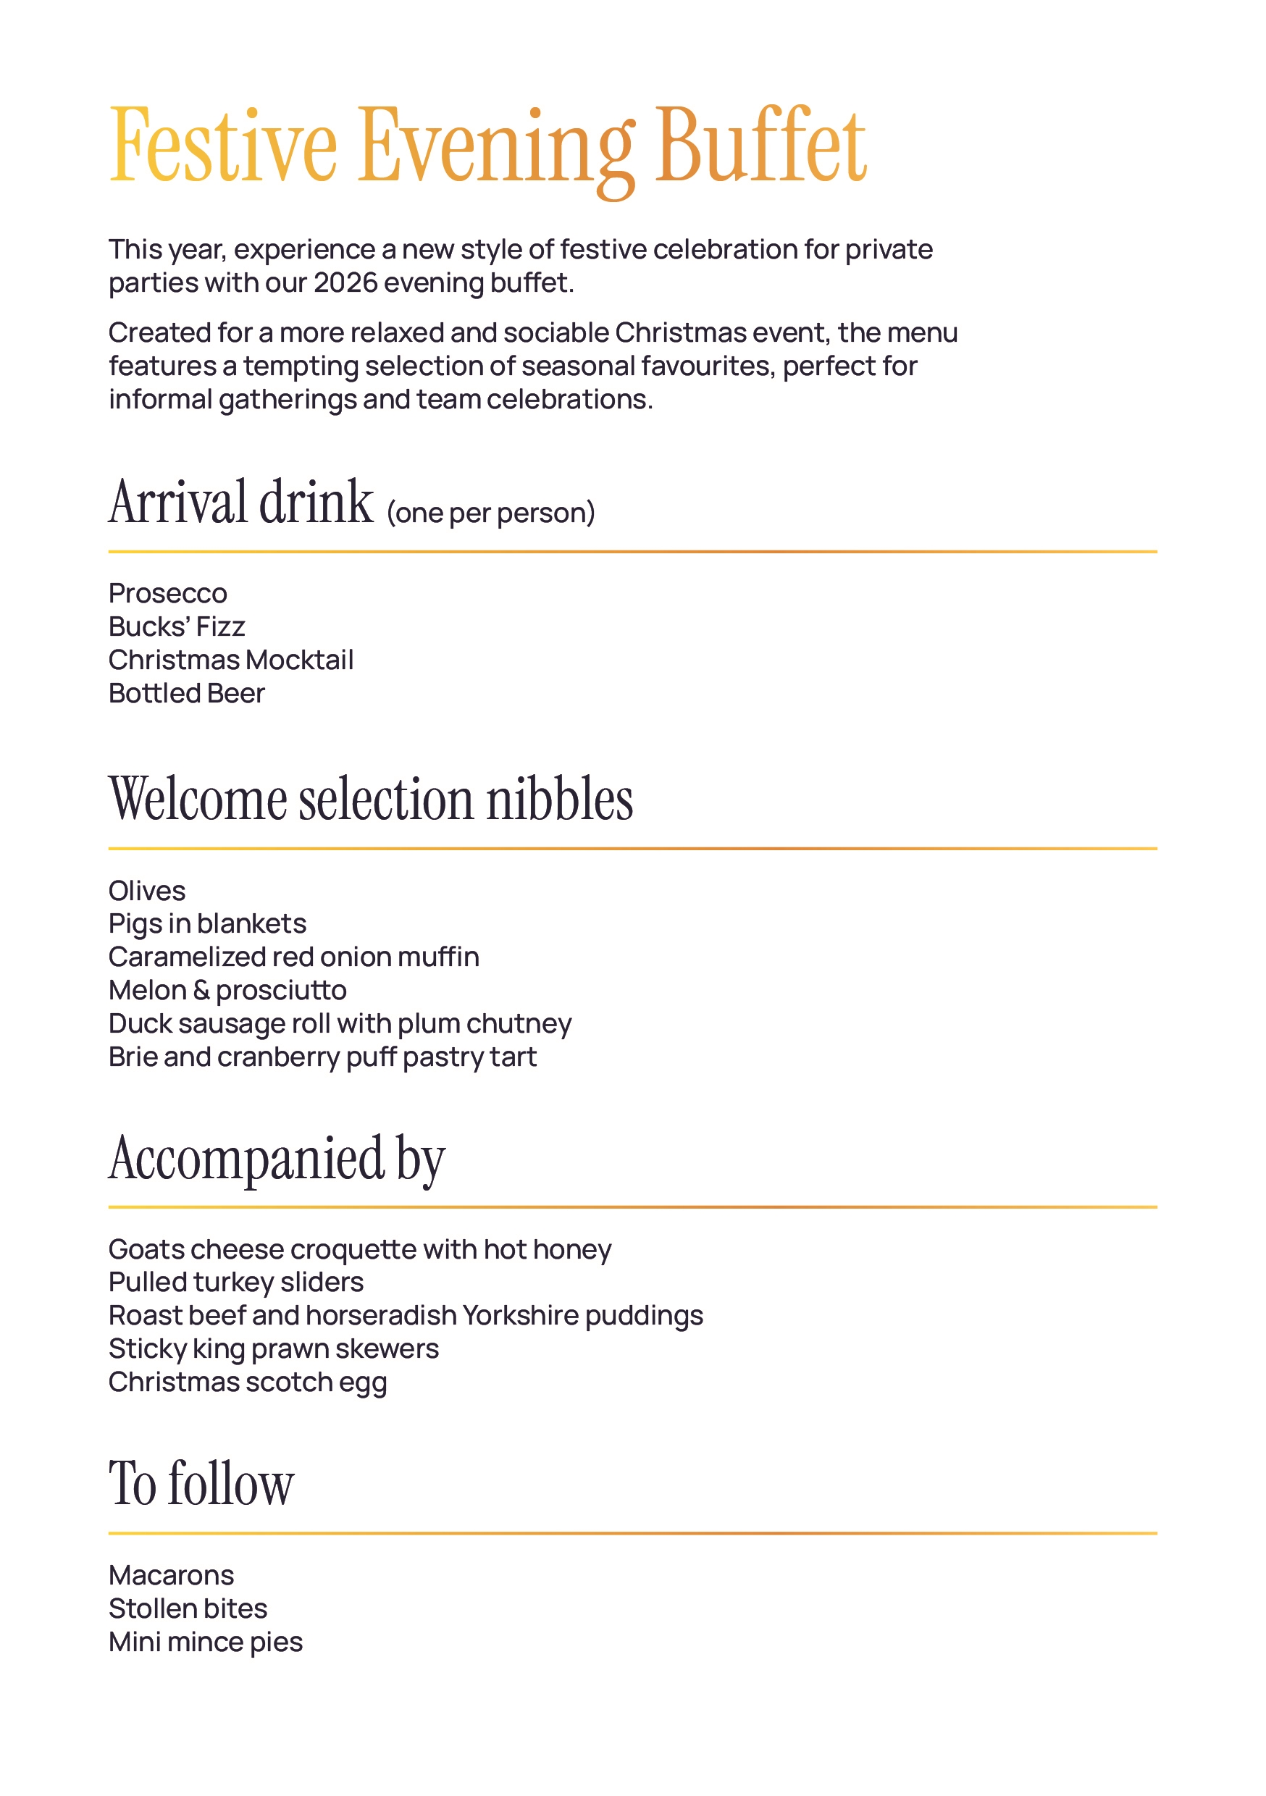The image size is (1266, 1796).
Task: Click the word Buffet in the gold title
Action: tap(760, 146)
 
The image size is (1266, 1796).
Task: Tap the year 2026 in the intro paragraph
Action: tap(345, 283)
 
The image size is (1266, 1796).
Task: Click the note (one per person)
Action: tap(490, 513)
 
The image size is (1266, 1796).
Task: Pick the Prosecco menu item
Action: tap(167, 594)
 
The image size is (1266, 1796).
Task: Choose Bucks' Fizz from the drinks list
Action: tap(177, 626)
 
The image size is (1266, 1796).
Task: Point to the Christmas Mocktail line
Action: tap(231, 660)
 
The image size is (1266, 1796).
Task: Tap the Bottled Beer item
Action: tap(186, 694)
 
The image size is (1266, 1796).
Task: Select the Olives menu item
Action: tap(147, 891)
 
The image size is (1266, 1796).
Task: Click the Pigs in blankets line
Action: tap(207, 924)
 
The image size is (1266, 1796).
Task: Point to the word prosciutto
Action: tap(281, 990)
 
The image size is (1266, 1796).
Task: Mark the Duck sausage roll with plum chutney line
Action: tap(340, 1024)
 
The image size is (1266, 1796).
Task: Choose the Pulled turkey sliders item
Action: tap(235, 1282)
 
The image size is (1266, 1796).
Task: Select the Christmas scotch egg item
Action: tap(247, 1382)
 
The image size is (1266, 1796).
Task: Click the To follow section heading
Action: tap(201, 1484)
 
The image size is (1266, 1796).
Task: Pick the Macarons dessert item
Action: tap(172, 1575)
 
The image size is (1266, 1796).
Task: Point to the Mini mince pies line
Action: tap(205, 1642)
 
